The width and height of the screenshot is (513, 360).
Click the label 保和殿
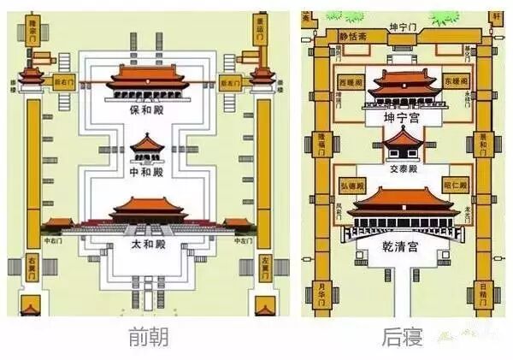[145, 111]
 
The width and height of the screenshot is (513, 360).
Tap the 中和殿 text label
[145, 172]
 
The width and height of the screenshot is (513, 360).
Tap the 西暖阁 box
[352, 81]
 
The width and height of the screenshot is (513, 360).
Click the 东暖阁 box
[456, 81]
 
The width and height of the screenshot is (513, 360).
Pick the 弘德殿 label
[351, 186]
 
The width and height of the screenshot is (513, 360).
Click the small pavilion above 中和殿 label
[146, 147]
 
